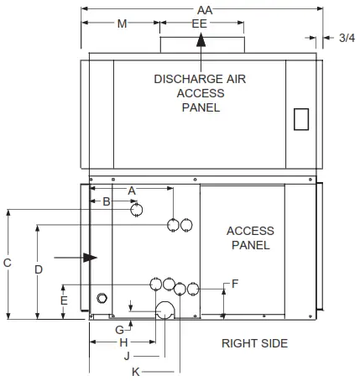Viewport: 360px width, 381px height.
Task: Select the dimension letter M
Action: coord(122,24)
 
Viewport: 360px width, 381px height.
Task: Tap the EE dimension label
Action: coord(199,24)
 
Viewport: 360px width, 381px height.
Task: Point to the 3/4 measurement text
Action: coord(344,37)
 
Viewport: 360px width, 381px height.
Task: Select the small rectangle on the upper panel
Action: coord(301,119)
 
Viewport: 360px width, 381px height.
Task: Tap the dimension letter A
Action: coord(132,191)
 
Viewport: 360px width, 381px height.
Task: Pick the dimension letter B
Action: coord(107,201)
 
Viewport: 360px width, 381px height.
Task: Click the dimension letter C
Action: coord(7,263)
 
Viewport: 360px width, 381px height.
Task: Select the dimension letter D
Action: coord(38,269)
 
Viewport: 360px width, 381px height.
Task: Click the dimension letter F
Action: coord(234,284)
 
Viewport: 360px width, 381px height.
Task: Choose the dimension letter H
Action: coord(123,342)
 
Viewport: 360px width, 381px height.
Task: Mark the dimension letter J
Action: coord(127,356)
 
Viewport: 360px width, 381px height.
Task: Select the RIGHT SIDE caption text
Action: coord(254,343)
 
